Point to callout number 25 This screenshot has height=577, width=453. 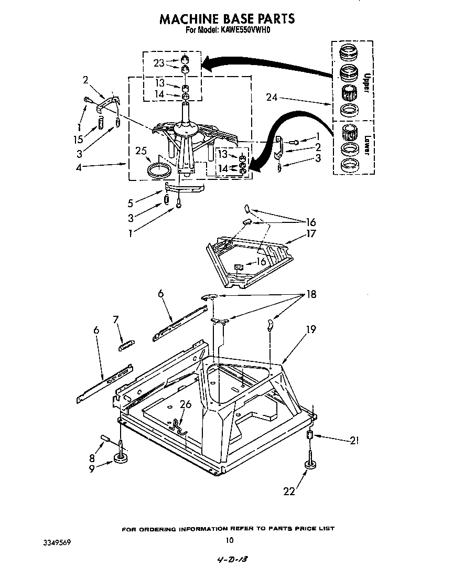click(140, 151)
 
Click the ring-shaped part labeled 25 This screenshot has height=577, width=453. click(159, 170)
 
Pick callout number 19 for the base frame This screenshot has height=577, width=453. click(311, 329)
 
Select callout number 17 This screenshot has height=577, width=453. click(311, 233)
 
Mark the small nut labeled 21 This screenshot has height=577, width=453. click(310, 435)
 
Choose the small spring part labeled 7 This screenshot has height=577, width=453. click(127, 344)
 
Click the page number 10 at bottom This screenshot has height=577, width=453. click(229, 540)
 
